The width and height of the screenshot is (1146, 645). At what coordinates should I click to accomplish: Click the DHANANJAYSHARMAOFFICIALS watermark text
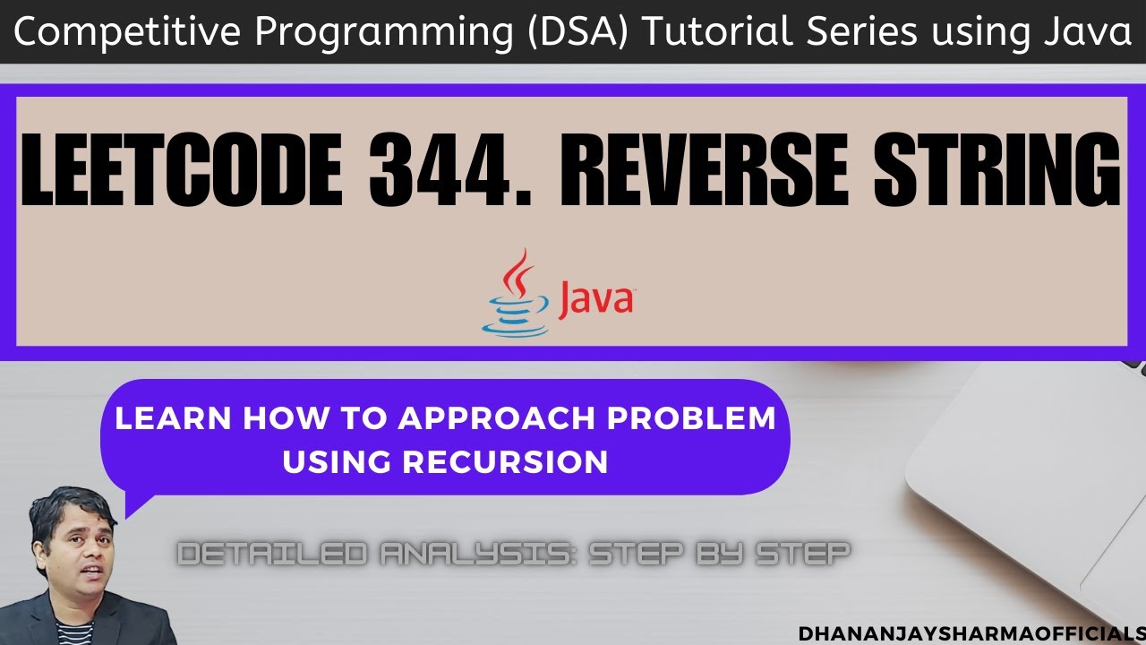(971, 632)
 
